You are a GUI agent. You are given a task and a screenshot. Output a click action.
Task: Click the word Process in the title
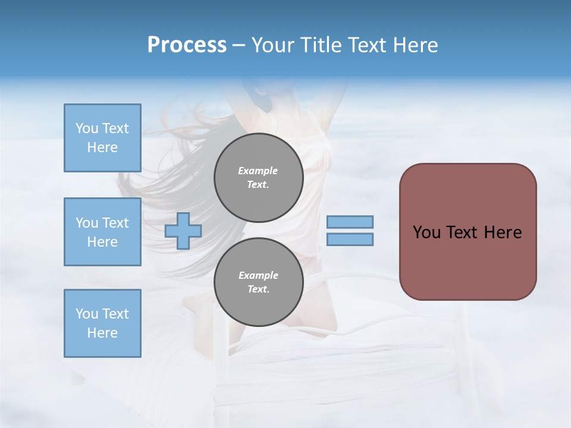click(187, 45)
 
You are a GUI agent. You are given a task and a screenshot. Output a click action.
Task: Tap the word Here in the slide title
click(415, 45)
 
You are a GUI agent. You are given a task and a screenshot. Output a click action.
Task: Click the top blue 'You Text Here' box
click(102, 138)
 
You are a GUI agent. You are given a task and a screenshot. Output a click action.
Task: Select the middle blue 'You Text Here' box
click(102, 232)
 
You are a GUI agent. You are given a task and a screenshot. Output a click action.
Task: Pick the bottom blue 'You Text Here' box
click(102, 323)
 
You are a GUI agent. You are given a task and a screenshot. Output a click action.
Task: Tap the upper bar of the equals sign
click(350, 222)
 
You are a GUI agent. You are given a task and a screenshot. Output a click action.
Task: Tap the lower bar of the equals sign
click(350, 239)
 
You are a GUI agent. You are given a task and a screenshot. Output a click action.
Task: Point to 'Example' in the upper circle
click(258, 171)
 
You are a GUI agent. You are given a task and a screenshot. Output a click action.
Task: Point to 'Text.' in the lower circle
click(258, 289)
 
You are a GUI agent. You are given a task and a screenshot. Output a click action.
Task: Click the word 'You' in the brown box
click(426, 232)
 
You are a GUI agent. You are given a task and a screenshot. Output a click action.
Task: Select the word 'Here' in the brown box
click(503, 232)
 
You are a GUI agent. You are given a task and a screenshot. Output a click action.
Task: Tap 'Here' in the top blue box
click(102, 147)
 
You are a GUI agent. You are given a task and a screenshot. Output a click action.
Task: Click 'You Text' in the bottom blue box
click(102, 314)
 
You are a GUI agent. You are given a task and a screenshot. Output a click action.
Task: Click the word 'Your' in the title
click(272, 45)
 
